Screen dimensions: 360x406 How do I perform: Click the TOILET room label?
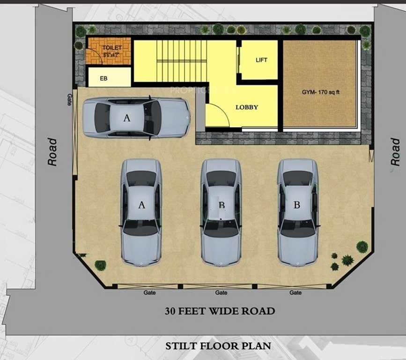(112, 48)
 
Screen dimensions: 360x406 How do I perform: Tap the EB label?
(104, 78)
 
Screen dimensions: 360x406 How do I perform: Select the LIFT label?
(261, 60)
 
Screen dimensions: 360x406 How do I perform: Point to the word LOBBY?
(247, 107)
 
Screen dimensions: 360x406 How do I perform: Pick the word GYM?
(308, 92)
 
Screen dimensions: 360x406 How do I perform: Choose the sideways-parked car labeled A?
(136, 118)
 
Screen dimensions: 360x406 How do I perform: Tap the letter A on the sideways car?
(126, 118)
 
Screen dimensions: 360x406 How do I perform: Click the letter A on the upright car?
(142, 204)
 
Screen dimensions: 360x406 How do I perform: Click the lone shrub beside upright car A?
(100, 265)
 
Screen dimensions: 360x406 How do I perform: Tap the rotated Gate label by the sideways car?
(69, 98)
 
